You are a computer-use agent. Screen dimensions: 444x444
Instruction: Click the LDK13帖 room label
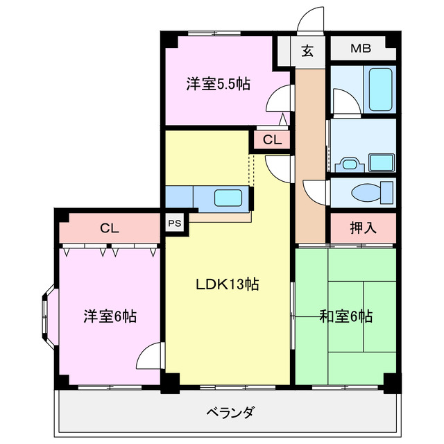click(x=227, y=284)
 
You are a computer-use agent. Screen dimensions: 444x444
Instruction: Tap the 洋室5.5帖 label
click(x=218, y=85)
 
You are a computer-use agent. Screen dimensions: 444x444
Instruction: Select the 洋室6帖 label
click(x=110, y=317)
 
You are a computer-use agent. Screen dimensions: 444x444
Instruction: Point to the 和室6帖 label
click(x=346, y=317)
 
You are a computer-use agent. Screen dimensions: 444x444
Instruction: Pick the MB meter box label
click(x=360, y=49)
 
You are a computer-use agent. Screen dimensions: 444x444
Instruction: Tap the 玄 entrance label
click(x=307, y=49)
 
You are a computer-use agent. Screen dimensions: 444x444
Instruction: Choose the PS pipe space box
click(x=175, y=223)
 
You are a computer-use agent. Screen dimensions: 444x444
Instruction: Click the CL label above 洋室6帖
click(x=109, y=227)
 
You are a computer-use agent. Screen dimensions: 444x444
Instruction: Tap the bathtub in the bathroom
click(x=381, y=89)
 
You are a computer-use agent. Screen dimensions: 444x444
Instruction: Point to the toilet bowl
click(x=367, y=193)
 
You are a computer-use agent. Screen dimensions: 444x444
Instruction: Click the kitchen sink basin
click(x=228, y=198)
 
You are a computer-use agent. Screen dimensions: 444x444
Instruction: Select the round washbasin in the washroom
click(x=348, y=164)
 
